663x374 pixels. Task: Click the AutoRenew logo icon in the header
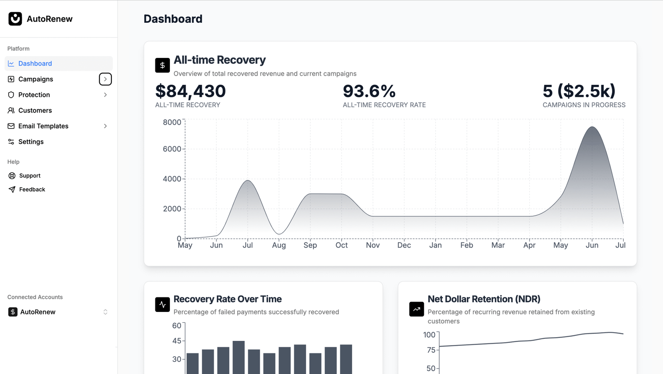click(15, 19)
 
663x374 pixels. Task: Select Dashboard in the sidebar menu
click(35, 63)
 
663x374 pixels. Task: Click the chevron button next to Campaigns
click(105, 79)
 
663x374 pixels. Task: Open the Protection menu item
click(34, 95)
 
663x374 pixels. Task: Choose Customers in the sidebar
click(35, 111)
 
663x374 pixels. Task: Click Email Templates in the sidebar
click(43, 126)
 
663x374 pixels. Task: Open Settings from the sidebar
click(31, 142)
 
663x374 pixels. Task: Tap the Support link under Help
click(30, 176)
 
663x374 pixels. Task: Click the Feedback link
click(32, 189)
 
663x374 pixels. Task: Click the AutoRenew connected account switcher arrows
click(105, 312)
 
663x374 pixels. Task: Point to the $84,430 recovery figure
click(190, 91)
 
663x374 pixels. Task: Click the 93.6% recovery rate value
click(369, 91)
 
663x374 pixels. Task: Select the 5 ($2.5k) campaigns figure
click(579, 91)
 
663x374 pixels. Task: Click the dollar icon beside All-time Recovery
click(162, 65)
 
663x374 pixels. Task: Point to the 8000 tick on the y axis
click(172, 122)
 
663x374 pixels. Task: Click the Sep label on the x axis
click(310, 245)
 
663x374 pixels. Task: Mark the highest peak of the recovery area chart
click(593, 127)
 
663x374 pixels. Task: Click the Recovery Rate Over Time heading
click(227, 299)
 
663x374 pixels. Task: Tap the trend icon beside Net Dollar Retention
click(416, 309)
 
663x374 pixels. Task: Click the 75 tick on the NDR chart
click(431, 350)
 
